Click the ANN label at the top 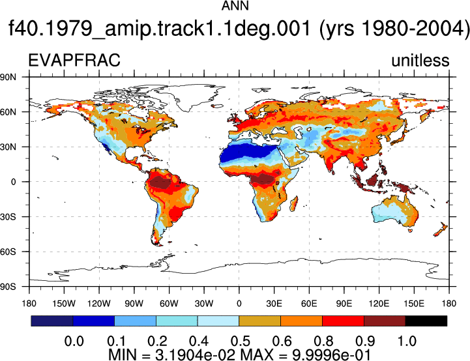(x=235, y=6)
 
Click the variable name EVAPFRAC (x=74, y=60)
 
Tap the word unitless (x=420, y=60)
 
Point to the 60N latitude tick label (x=8, y=112)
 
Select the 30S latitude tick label (x=8, y=216)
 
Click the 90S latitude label (x=8, y=287)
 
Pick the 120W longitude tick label (x=99, y=304)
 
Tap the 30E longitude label (x=274, y=304)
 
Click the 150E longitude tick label (x=414, y=304)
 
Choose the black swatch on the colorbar (x=426, y=321)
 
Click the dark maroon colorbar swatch (x=385, y=321)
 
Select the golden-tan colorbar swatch (x=259, y=321)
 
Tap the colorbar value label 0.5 (x=241, y=341)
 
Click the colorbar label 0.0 (x=74, y=341)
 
